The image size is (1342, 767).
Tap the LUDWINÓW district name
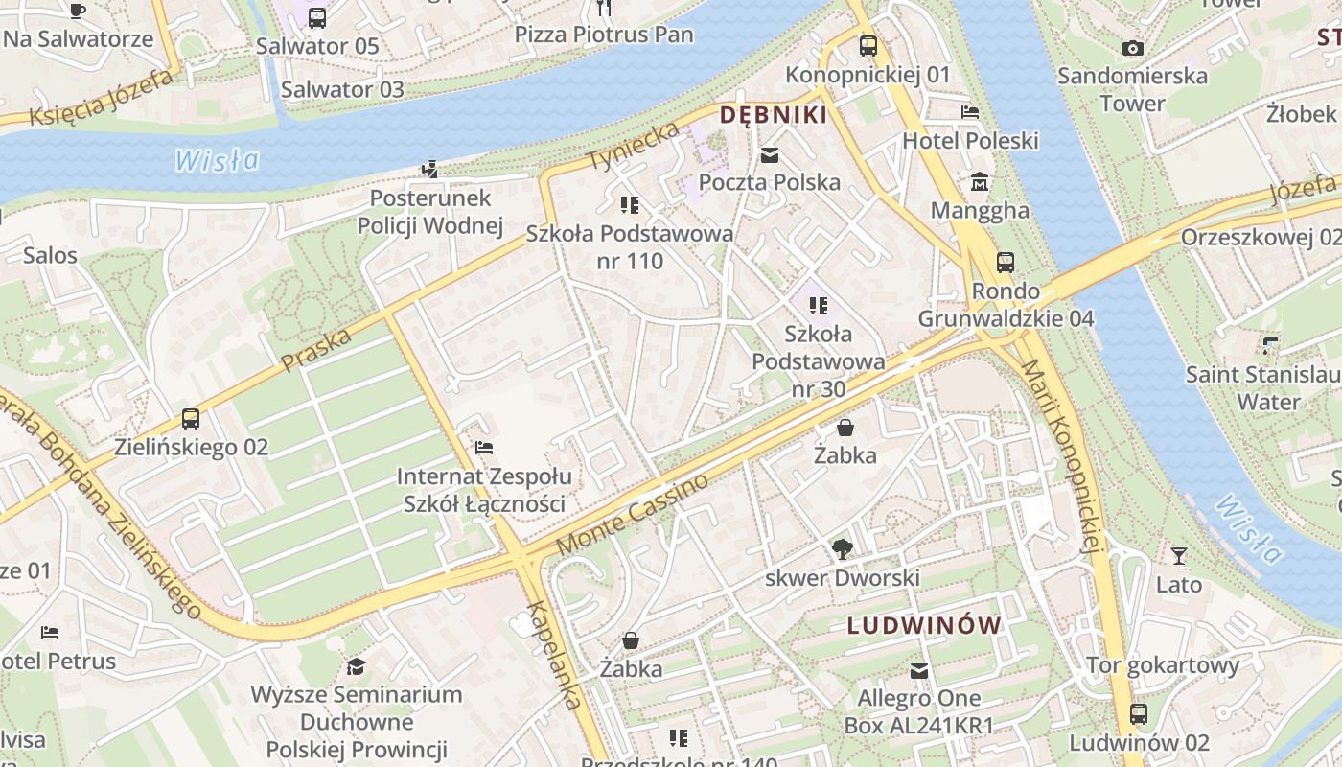pos(924,626)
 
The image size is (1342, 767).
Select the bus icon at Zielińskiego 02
pos(191,419)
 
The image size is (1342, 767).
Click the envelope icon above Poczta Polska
pos(769,155)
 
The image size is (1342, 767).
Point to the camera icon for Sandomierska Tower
pos(1132,48)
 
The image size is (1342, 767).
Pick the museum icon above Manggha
pos(980,182)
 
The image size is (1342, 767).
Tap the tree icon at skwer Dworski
pos(842,549)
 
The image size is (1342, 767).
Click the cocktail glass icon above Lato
pos(1178,556)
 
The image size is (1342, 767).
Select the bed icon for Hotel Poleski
pos(970,112)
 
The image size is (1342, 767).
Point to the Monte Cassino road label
pos(633,514)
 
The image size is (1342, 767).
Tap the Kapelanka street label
pos(554,656)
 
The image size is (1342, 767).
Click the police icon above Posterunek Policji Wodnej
pos(429,170)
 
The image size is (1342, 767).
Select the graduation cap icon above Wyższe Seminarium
pos(356,666)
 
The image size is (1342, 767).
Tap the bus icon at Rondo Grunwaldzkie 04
pos(1005,263)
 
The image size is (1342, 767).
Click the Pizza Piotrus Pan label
pos(604,35)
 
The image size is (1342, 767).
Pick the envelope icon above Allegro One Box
pos(919,670)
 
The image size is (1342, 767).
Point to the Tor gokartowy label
pos(1162,665)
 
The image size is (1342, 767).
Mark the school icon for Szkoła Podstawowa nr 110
pos(629,204)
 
